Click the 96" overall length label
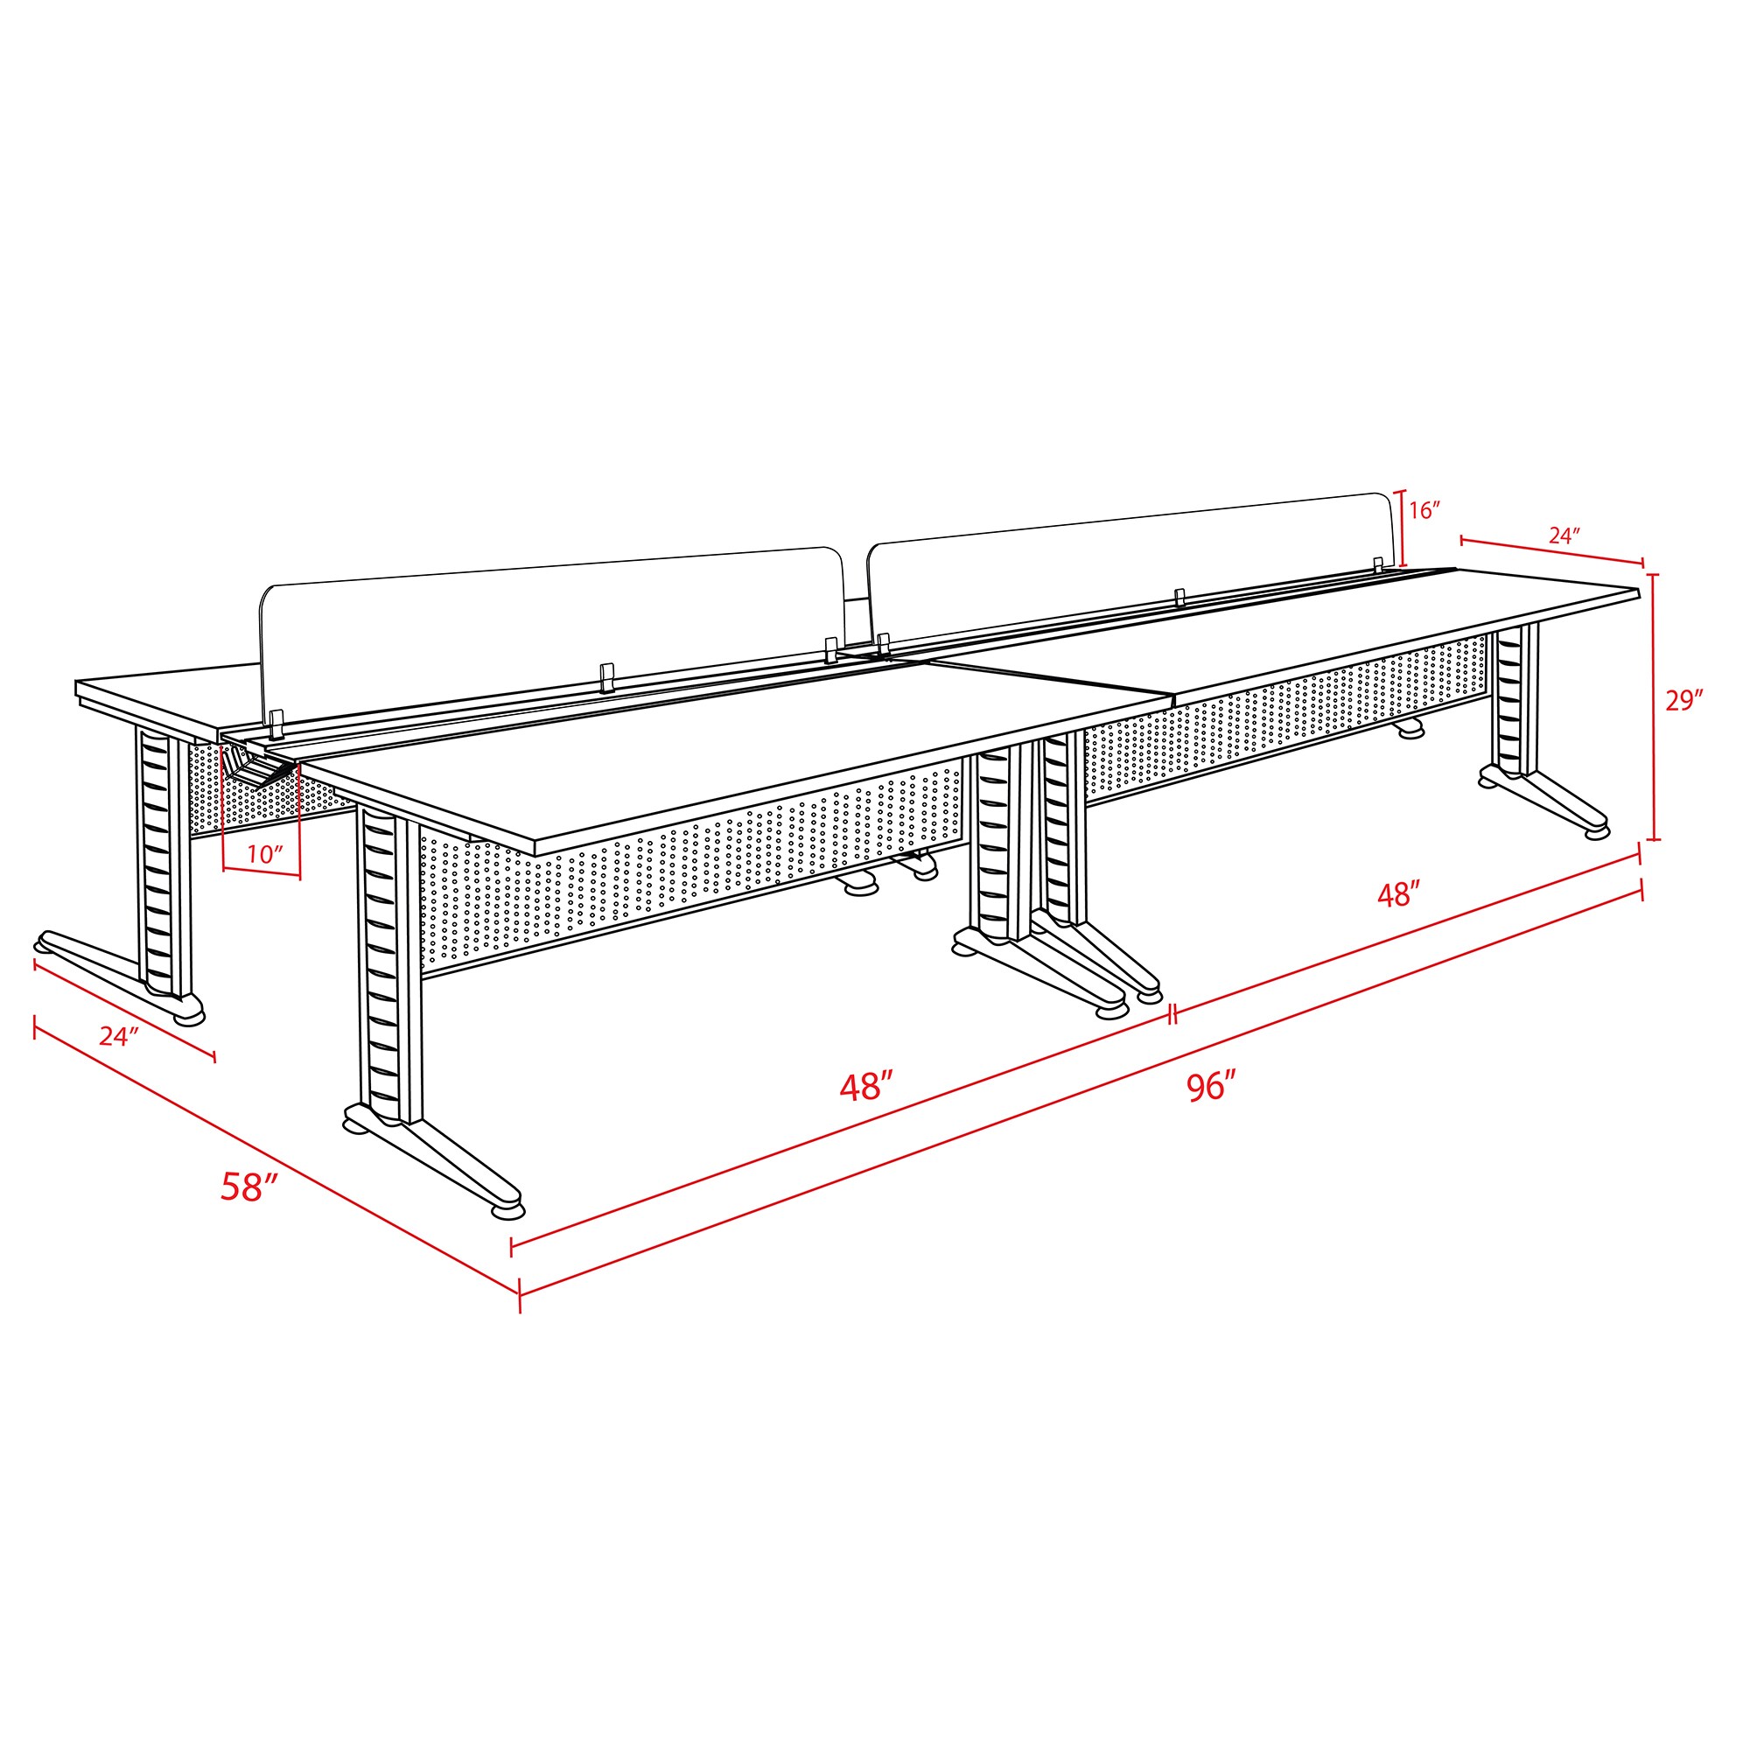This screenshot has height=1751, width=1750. click(1212, 1085)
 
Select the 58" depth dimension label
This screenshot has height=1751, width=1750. click(248, 1187)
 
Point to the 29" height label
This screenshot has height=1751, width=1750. click(1683, 700)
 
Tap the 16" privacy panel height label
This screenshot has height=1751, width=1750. click(1424, 510)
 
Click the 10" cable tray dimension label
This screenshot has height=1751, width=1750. click(264, 854)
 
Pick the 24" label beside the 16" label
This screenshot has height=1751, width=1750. click(1564, 536)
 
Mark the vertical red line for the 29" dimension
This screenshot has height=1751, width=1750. click(1654, 707)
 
